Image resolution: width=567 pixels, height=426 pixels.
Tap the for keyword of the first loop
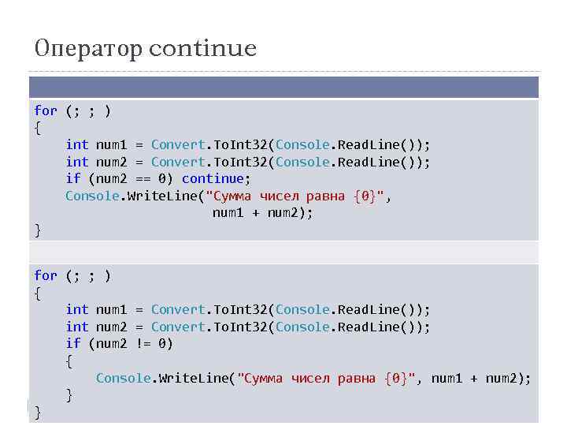point(46,110)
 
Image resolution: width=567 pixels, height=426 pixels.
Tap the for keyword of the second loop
point(46,275)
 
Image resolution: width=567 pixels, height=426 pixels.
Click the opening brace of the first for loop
point(38,128)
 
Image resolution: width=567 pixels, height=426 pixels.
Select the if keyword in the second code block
point(73,344)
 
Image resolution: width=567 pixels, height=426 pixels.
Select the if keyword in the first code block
point(73,179)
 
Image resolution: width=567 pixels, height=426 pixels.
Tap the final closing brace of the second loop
point(38,413)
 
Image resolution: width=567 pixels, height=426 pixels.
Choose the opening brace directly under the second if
point(69,361)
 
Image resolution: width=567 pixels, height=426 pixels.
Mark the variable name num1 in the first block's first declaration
point(111,144)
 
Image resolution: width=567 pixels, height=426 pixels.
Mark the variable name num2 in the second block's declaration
point(111,327)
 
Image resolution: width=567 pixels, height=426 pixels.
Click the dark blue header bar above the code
point(283,87)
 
